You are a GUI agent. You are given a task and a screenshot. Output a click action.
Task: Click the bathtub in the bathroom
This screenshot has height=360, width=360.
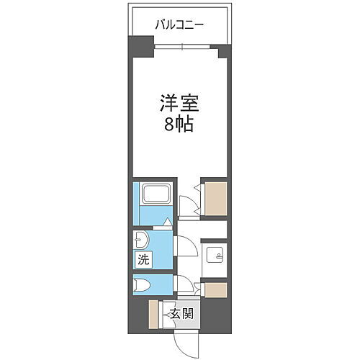pos(156,194)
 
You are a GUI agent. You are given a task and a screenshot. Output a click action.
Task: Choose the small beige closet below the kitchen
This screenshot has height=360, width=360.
pos(216,289)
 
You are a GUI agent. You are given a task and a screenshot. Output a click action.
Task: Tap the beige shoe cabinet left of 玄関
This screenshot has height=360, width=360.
pos(153,312)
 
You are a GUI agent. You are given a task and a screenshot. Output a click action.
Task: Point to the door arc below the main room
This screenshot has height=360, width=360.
pos(186,202)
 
